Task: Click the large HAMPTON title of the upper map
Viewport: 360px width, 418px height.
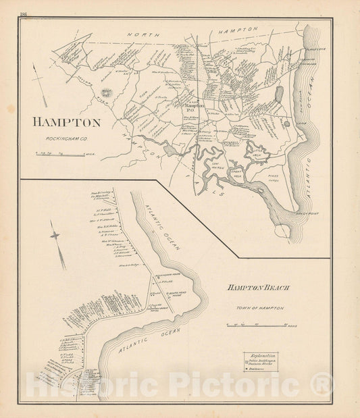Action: click(x=66, y=123)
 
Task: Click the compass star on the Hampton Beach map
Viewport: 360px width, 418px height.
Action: click(x=55, y=235)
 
